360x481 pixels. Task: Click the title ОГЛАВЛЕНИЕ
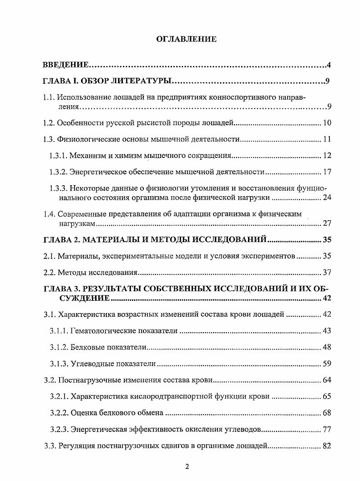click(x=186, y=39)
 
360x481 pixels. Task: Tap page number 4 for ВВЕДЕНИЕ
click(x=328, y=65)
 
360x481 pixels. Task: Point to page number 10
click(x=326, y=123)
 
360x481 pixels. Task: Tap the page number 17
click(x=326, y=172)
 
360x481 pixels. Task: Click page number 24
click(x=326, y=197)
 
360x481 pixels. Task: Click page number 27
click(x=326, y=223)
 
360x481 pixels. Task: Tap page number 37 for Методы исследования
click(x=326, y=273)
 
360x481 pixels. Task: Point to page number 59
click(x=326, y=364)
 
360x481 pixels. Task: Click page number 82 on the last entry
click(x=326, y=446)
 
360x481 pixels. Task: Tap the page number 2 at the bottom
click(x=187, y=467)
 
